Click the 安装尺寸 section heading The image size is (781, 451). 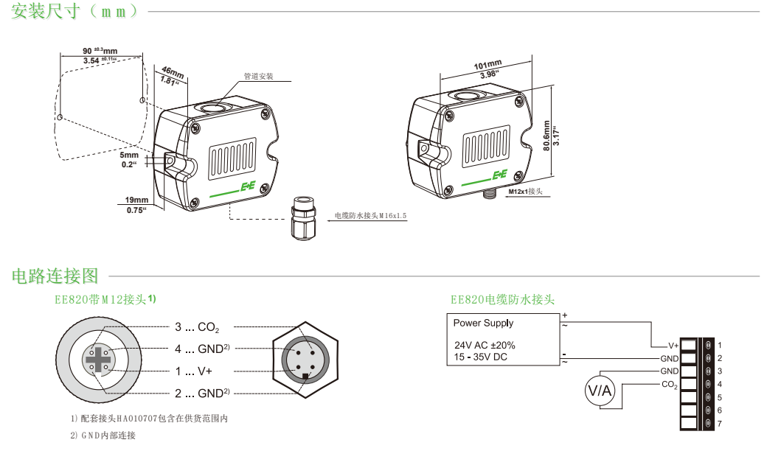(x=74, y=12)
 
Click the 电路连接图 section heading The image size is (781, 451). (x=55, y=276)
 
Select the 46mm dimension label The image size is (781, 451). (x=172, y=73)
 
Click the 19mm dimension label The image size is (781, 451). (x=136, y=200)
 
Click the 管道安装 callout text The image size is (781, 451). (x=259, y=77)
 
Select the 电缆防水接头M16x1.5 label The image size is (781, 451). (x=370, y=216)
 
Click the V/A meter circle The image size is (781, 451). (x=599, y=392)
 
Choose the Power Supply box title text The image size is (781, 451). (x=483, y=323)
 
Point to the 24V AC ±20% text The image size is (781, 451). (x=485, y=345)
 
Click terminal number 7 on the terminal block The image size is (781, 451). (x=719, y=424)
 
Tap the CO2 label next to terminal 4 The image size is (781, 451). (x=669, y=385)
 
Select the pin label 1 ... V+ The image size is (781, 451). (x=193, y=371)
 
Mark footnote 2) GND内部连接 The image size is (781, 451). (x=103, y=436)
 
